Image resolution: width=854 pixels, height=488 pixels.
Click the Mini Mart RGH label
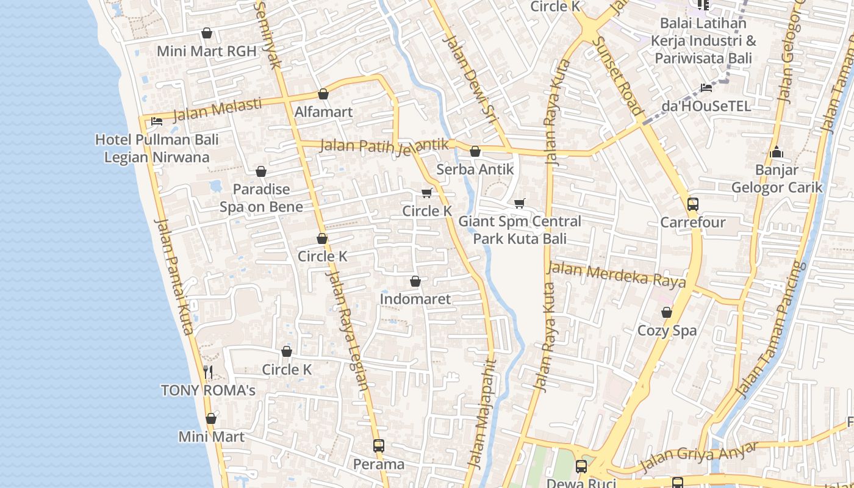click(206, 51)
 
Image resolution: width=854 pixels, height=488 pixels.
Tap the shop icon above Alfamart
click(323, 94)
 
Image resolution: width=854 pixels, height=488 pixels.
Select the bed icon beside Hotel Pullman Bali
click(157, 121)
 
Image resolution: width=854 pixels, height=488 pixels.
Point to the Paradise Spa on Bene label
click(261, 198)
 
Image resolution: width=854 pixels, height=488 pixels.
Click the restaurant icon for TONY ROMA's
click(208, 371)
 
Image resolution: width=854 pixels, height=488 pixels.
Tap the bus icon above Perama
click(379, 446)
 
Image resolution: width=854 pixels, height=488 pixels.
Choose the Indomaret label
click(415, 299)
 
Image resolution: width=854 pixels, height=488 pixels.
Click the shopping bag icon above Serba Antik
click(475, 151)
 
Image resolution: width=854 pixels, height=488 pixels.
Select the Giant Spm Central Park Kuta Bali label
click(520, 229)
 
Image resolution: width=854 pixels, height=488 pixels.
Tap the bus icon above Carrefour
click(693, 204)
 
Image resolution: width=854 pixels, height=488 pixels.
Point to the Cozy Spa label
click(667, 331)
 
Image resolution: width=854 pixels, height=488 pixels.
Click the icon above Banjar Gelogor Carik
click(777, 152)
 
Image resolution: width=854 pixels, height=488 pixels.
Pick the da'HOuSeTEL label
click(706, 106)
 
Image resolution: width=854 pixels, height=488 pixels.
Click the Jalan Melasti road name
click(217, 110)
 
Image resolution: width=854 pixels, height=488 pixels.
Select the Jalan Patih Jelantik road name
click(384, 146)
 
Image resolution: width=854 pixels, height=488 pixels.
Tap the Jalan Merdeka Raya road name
click(616, 274)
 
